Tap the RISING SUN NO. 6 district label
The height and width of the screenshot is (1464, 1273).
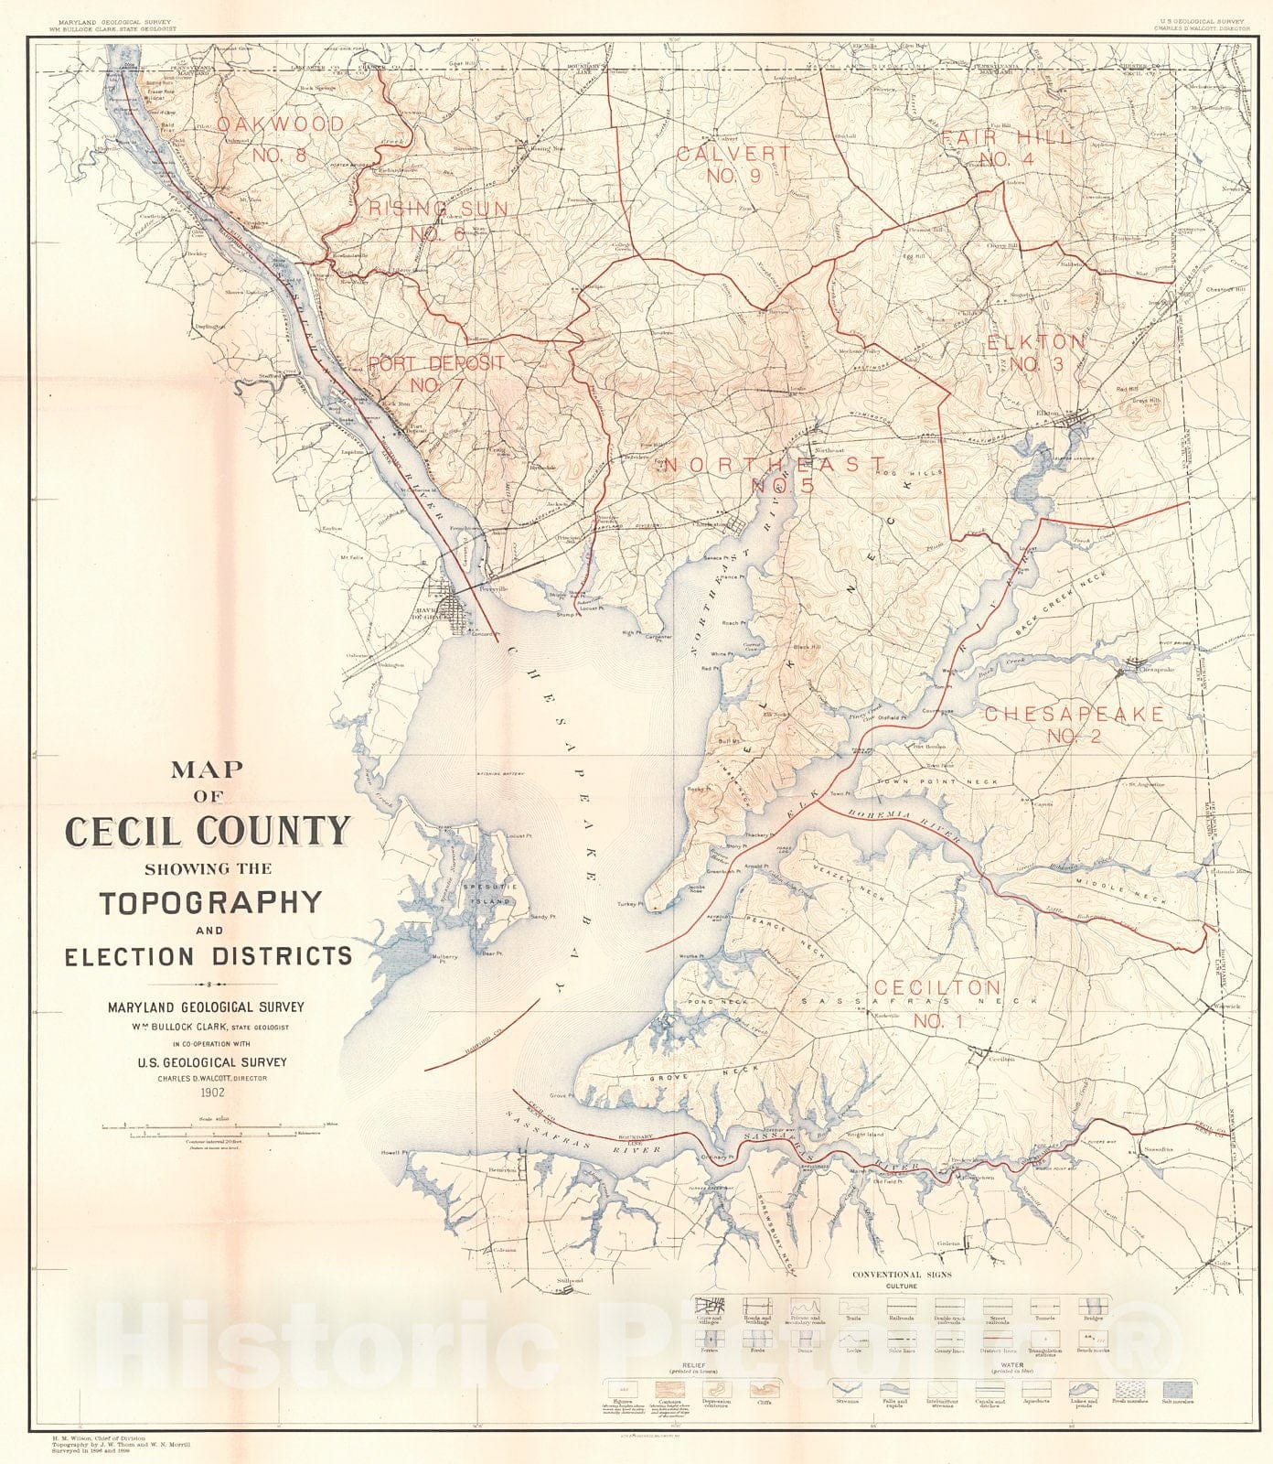(438, 221)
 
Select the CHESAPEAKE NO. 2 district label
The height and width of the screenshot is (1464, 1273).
(1075, 724)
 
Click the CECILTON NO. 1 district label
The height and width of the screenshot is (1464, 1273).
(937, 1004)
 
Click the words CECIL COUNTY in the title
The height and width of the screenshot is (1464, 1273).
(208, 832)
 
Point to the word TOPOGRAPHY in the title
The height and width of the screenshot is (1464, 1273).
(210, 903)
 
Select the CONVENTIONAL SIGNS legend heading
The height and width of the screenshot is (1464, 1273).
(902, 1274)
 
